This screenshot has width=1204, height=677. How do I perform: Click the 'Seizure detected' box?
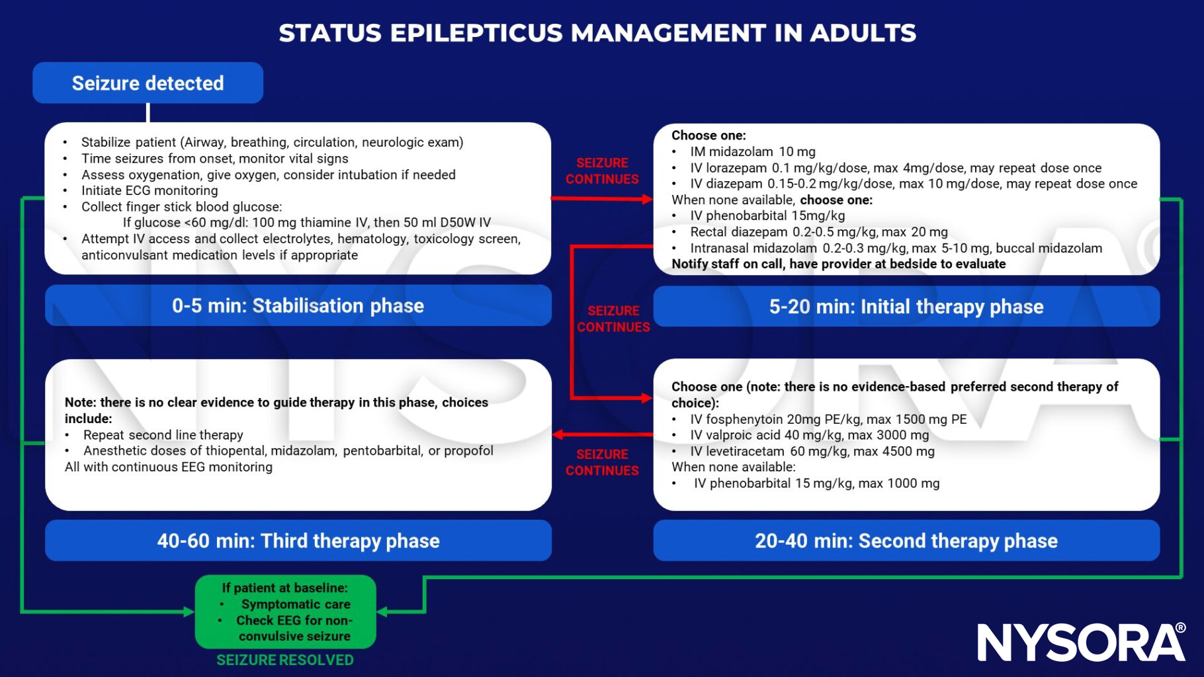(148, 83)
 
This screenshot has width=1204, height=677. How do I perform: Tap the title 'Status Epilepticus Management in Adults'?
(597, 33)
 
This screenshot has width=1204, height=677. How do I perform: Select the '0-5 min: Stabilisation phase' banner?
(298, 305)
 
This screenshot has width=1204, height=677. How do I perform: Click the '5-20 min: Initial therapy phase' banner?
(906, 307)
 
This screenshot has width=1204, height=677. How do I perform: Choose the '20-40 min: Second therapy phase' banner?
(906, 541)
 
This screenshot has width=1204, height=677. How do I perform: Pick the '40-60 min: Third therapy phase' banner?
(298, 541)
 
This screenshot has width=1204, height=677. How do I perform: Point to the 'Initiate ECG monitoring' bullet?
(149, 190)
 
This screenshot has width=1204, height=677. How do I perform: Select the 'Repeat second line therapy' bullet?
(163, 435)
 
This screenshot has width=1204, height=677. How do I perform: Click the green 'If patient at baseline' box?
(285, 612)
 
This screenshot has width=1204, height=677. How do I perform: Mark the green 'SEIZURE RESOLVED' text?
(285, 660)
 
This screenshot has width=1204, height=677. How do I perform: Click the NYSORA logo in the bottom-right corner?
(1081, 641)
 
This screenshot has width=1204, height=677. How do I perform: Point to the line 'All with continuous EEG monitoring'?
(168, 467)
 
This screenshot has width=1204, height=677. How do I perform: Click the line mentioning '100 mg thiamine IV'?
(306, 223)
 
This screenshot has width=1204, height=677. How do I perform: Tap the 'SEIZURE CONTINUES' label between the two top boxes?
(601, 171)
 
